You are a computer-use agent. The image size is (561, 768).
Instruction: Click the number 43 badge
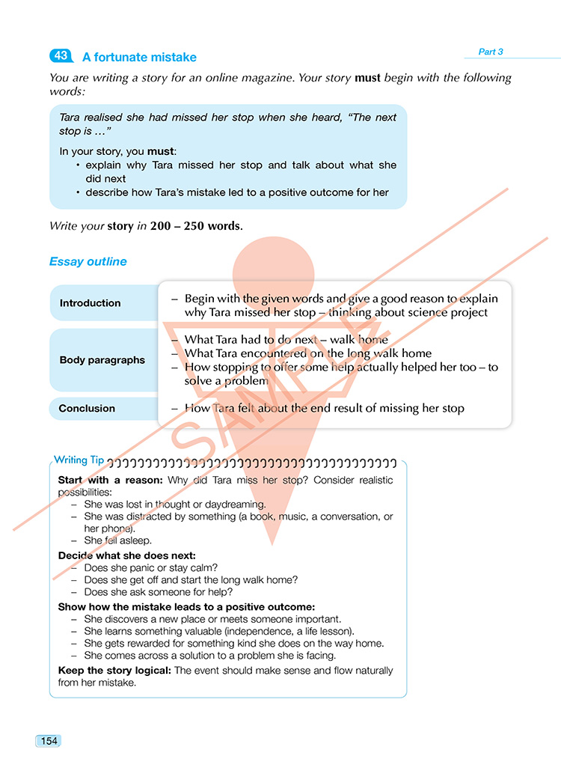pyautogui.click(x=60, y=56)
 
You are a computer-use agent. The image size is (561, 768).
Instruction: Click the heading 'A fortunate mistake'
pyautogui.click(x=139, y=57)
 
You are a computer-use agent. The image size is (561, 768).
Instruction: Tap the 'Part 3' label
pyautogui.click(x=491, y=52)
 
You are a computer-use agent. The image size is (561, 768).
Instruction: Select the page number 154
pyautogui.click(x=48, y=741)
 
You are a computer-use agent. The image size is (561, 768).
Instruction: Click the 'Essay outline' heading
pyautogui.click(x=88, y=261)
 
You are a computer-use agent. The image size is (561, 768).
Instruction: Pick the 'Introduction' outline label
pyautogui.click(x=90, y=303)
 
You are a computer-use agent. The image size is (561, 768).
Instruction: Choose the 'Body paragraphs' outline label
pyautogui.click(x=102, y=360)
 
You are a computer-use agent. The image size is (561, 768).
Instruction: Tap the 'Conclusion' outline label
pyautogui.click(x=87, y=409)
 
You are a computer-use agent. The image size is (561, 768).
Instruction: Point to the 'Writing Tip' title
pyautogui.click(x=79, y=460)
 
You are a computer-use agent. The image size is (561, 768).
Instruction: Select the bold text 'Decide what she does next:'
pyautogui.click(x=127, y=555)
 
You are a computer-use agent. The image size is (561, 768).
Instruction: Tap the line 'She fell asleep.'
pyautogui.click(x=117, y=540)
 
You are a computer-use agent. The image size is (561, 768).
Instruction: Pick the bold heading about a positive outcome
pyautogui.click(x=186, y=607)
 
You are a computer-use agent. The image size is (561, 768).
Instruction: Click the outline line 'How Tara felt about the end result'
pyautogui.click(x=325, y=408)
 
